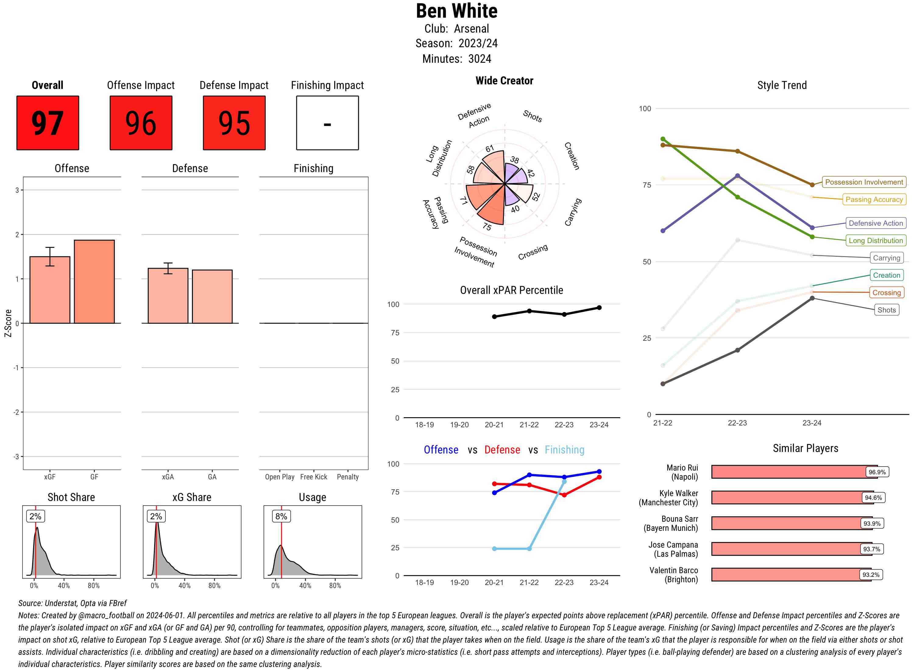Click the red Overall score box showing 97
pyautogui.click(x=48, y=123)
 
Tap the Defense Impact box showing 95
pyautogui.click(x=234, y=123)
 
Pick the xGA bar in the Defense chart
pyautogui.click(x=168, y=296)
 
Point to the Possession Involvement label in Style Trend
pyautogui.click(x=864, y=182)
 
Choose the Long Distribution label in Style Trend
pyautogui.click(x=876, y=241)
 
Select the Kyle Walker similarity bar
pyautogui.click(x=787, y=498)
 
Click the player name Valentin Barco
pyautogui.click(x=673, y=571)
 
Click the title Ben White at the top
pyautogui.click(x=456, y=11)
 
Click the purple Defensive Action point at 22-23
pyautogui.click(x=737, y=176)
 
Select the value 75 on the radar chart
pyautogui.click(x=487, y=227)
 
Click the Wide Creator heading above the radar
pyautogui.click(x=504, y=81)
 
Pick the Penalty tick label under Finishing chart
pyautogui.click(x=348, y=477)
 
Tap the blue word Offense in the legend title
pyautogui.click(x=441, y=450)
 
